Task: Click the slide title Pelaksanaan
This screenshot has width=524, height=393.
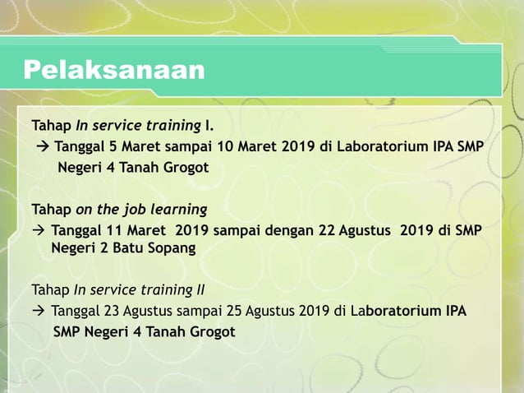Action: pyautogui.click(x=113, y=70)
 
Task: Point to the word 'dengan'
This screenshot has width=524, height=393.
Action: pyautogui.click(x=291, y=230)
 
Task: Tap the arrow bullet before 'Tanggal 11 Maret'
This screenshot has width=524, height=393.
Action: pyautogui.click(x=38, y=230)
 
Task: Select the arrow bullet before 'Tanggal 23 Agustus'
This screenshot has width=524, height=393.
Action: pyautogui.click(x=38, y=312)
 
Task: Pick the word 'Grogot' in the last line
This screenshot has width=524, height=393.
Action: pyautogui.click(x=210, y=332)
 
